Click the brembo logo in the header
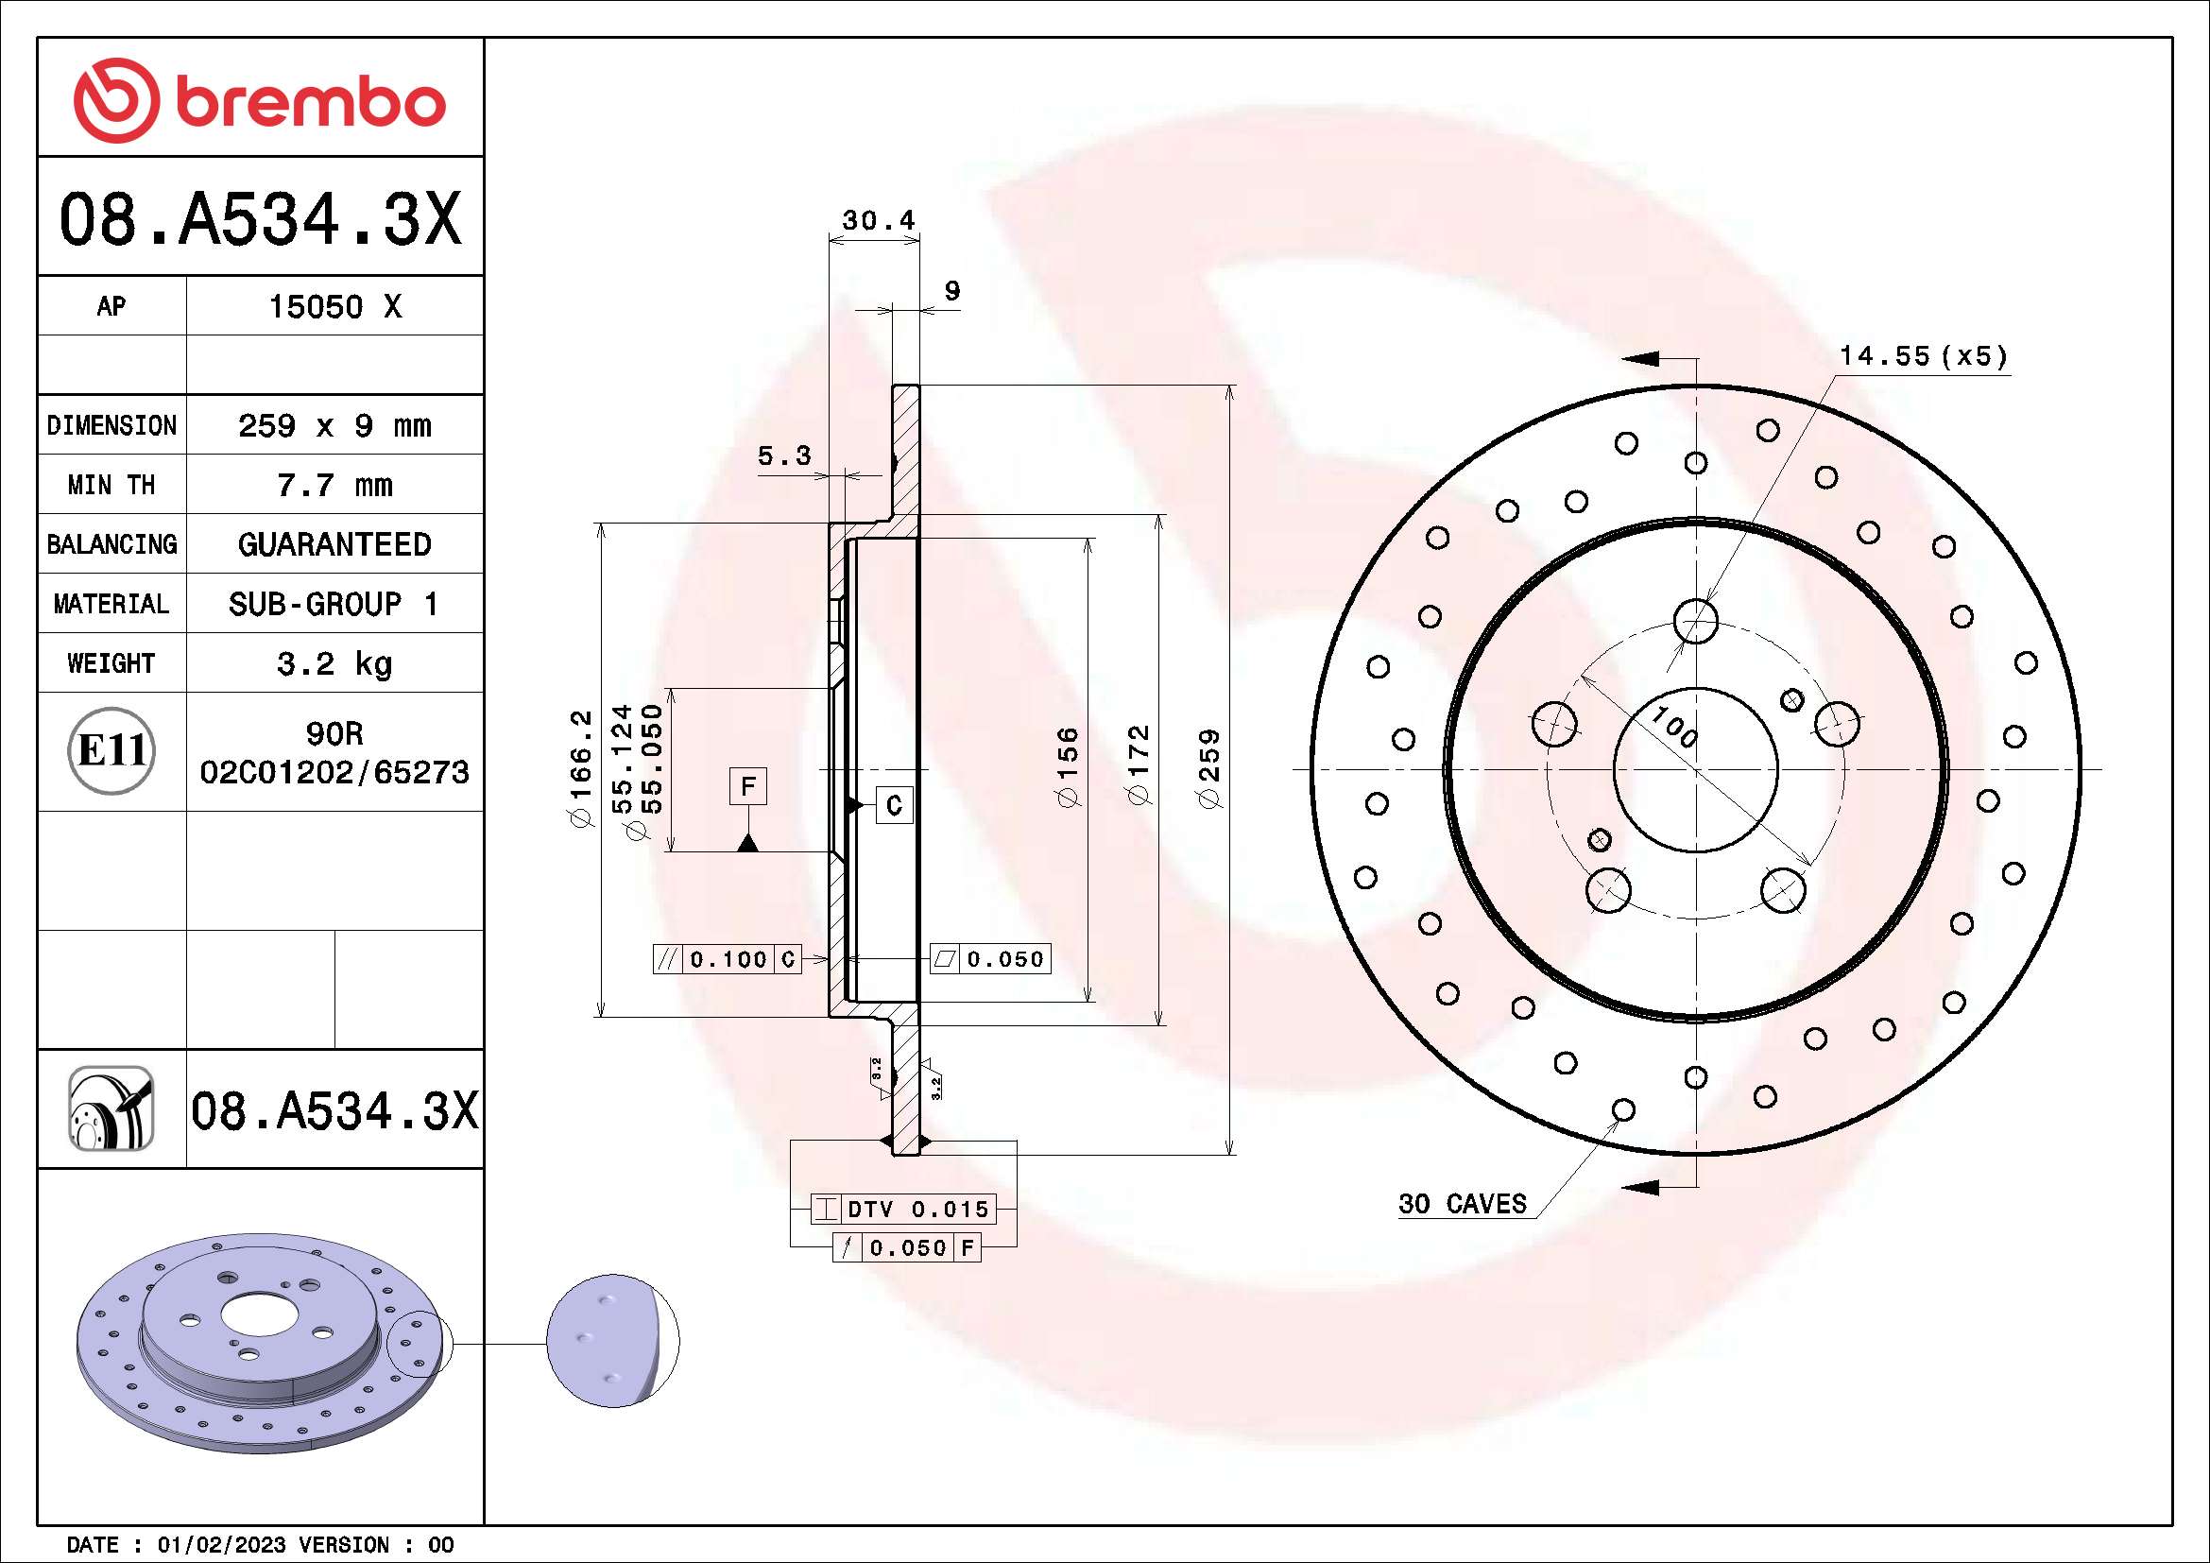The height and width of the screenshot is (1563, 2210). (260, 100)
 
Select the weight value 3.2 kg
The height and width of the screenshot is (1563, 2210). (334, 663)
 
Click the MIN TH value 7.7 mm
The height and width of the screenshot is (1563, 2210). (334, 485)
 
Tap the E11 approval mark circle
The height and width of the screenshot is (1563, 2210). (111, 750)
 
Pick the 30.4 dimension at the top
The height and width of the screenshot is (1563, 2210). (878, 220)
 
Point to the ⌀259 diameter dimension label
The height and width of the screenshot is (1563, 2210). (1209, 768)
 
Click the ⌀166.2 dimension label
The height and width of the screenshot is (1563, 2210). (582, 768)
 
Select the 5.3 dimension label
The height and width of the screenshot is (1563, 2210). (783, 455)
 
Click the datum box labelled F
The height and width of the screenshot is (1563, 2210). (748, 786)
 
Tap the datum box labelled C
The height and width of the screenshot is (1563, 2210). (893, 804)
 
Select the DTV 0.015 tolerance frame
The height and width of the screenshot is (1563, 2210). (902, 1209)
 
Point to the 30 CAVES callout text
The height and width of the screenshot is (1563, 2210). (1462, 1204)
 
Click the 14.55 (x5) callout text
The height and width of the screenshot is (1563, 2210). (1922, 356)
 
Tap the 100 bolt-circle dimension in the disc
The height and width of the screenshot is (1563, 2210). (1674, 727)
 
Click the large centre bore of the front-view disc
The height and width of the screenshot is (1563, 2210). (1696, 770)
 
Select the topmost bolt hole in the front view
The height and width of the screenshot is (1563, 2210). (1696, 621)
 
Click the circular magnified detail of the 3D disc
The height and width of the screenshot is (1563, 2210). (612, 1342)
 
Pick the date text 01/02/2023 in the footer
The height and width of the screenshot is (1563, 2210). (221, 1545)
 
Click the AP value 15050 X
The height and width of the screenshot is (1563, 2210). (334, 307)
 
